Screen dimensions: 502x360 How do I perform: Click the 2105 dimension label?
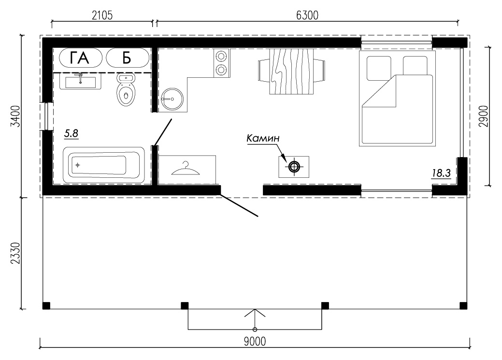point(102,15)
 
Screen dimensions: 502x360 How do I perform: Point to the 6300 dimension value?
point(307,15)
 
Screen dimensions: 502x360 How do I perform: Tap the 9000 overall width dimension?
point(255,342)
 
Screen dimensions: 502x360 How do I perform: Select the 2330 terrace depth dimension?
point(15,253)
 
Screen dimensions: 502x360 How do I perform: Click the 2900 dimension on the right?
point(484,116)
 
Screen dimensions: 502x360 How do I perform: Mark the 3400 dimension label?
point(15,116)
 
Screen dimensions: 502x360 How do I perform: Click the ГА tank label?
point(80,58)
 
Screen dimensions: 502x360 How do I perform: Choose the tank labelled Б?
point(128,58)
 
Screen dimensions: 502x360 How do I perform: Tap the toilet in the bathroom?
point(125,90)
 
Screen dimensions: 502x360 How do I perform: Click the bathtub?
point(104,165)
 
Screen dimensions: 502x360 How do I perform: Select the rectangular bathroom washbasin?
point(80,82)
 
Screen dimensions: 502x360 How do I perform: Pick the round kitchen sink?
point(172,99)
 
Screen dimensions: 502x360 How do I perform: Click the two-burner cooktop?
point(222,63)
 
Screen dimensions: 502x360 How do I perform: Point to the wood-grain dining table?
point(291,72)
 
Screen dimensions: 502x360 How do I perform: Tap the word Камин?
point(263,138)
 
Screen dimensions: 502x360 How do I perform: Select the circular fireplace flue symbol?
point(294,167)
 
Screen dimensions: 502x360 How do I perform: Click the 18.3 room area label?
point(441,173)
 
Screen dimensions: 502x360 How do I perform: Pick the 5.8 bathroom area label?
point(71,133)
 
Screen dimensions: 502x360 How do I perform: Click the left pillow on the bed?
point(379,68)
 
